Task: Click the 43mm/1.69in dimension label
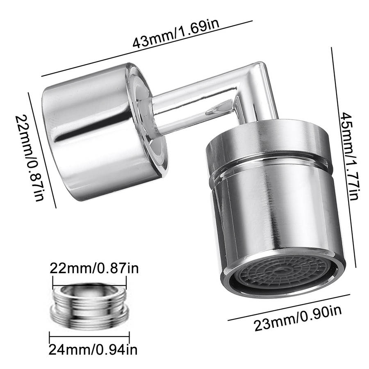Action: tap(176, 34)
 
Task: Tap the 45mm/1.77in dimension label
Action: tap(350, 156)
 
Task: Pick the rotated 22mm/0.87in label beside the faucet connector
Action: tap(30, 158)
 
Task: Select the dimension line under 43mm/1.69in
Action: tap(147, 48)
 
